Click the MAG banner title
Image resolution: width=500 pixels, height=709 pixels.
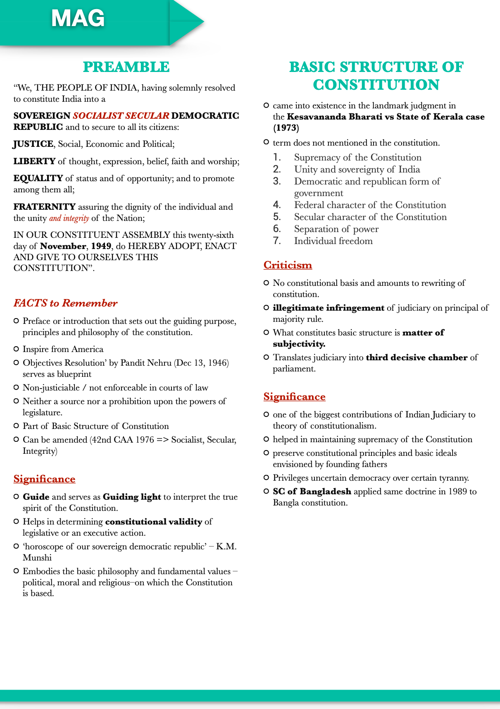(x=78, y=19)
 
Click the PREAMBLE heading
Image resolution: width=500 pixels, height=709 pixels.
(x=126, y=67)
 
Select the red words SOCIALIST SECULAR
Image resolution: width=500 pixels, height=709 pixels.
(x=121, y=116)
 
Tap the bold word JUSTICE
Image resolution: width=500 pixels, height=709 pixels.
(x=33, y=144)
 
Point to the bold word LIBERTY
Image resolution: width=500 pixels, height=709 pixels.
(x=34, y=161)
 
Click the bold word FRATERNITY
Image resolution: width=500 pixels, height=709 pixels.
(x=44, y=207)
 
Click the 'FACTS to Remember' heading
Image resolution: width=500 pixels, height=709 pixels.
(x=65, y=303)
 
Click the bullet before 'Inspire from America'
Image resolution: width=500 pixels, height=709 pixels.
(x=16, y=349)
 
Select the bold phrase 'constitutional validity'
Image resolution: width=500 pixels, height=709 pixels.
(x=154, y=522)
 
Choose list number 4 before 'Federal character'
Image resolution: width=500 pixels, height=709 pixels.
(x=277, y=205)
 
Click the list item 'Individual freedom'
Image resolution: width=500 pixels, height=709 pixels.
(x=333, y=241)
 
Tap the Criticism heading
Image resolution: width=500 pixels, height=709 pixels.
(x=288, y=265)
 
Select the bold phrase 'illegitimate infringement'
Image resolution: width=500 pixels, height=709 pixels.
(x=329, y=308)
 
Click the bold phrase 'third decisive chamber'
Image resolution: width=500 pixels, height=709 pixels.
(x=417, y=357)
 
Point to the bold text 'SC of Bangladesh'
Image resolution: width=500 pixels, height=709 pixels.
(x=312, y=491)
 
